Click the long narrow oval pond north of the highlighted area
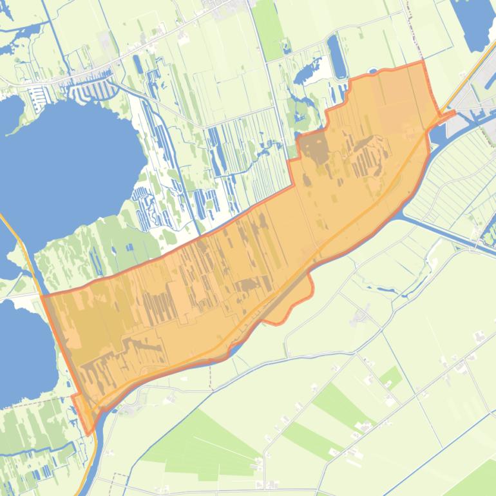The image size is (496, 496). tap(336, 56)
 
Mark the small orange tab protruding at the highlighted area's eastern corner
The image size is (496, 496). tap(448, 115)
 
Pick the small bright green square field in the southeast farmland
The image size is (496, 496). tap(389, 378)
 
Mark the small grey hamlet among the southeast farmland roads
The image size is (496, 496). tap(359, 316)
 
